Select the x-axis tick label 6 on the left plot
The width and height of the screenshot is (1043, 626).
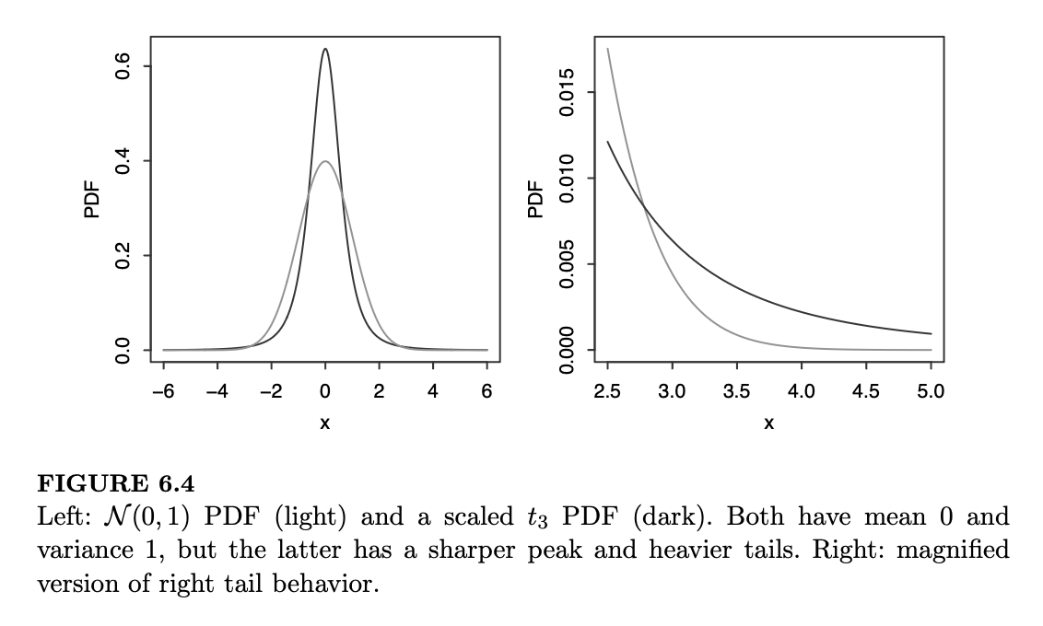click(x=487, y=391)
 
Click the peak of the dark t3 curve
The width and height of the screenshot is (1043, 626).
click(x=325, y=49)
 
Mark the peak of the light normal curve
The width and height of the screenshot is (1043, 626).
click(x=325, y=162)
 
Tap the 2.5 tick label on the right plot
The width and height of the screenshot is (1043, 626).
click(x=608, y=391)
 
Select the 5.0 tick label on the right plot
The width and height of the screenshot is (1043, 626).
click(x=931, y=391)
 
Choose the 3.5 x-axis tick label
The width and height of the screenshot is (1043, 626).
click(x=737, y=391)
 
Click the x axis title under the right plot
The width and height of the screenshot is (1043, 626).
click(x=768, y=423)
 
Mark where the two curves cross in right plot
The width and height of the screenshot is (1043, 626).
click(x=645, y=208)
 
